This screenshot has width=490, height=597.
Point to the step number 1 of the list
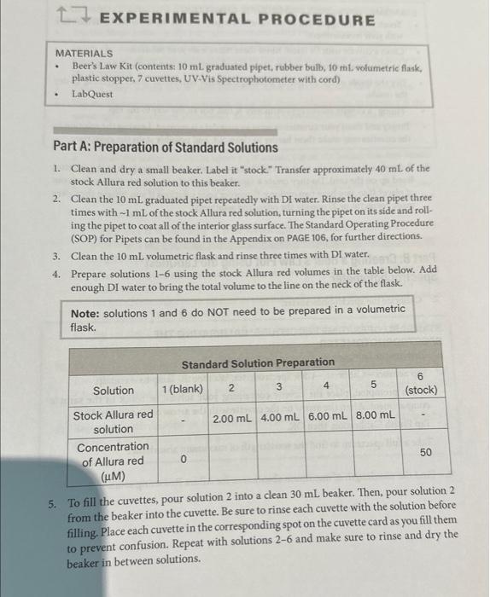coord(55,169)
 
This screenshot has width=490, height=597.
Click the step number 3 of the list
coord(55,255)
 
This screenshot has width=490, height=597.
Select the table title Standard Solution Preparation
coord(258,362)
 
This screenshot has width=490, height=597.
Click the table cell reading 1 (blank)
coord(182,390)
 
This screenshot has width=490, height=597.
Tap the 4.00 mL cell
coord(280,420)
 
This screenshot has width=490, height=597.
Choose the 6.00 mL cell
coord(328,420)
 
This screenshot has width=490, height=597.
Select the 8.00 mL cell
coord(375,420)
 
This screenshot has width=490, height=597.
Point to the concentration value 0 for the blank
coord(182,460)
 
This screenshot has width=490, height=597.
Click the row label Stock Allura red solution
coord(114,421)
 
